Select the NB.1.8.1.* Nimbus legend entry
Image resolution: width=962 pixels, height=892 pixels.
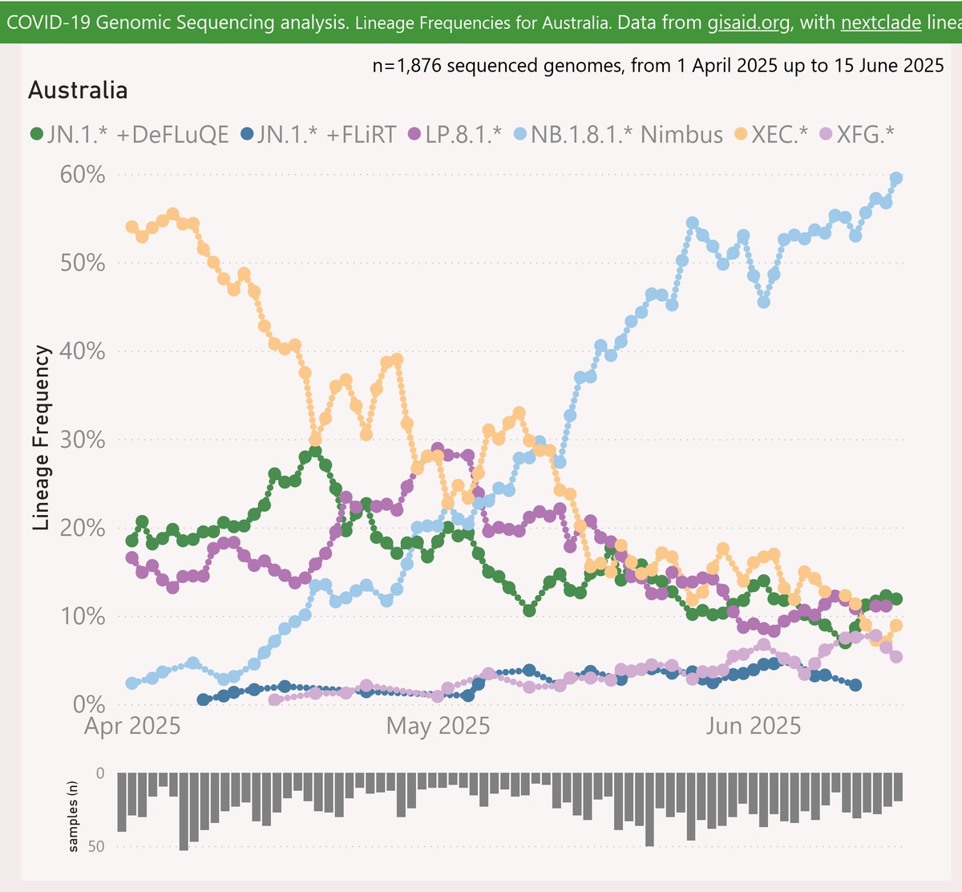[617, 134]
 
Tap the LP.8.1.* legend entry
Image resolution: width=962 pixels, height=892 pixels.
[455, 134]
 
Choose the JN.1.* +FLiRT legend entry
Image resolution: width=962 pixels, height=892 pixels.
[318, 134]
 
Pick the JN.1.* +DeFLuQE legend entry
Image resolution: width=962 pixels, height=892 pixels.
[128, 134]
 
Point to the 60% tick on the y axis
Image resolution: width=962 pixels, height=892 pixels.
[83, 174]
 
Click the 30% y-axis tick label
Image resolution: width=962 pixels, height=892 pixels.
[83, 440]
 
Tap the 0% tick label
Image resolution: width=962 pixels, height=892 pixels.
[89, 704]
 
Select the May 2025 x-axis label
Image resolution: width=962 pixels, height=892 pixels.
[438, 726]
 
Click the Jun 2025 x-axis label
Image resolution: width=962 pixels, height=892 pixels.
[753, 726]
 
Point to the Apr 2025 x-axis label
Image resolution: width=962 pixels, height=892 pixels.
[132, 726]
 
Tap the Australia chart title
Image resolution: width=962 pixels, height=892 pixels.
[78, 90]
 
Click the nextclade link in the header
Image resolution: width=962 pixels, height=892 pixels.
[880, 22]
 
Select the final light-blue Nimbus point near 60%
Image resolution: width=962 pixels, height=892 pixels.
[896, 178]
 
